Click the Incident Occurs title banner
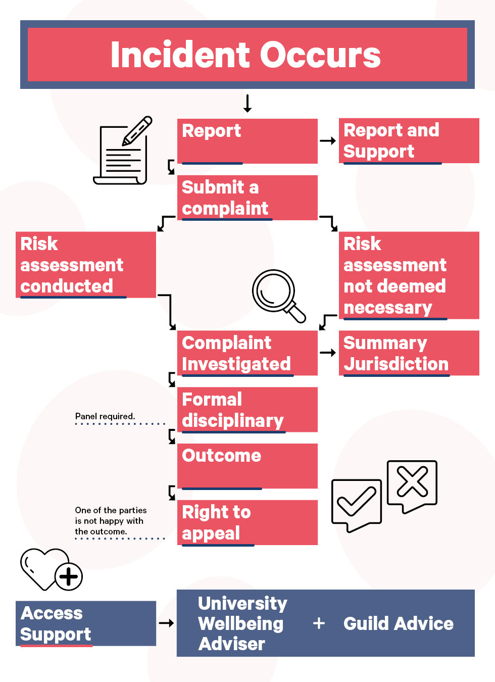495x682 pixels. (247, 55)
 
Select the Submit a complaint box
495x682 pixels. (247, 198)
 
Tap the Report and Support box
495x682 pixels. (409, 140)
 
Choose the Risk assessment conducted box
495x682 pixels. (86, 265)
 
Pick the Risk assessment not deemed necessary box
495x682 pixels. (409, 275)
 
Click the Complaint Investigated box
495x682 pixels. (247, 353)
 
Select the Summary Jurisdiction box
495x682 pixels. (409, 353)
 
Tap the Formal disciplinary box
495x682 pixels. (247, 410)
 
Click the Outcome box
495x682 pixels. (247, 466)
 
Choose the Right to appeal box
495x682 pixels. (247, 522)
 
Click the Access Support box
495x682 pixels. (86, 623)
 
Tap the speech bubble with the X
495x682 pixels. (412, 487)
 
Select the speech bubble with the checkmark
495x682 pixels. (356, 506)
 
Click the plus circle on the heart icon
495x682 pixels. (69, 576)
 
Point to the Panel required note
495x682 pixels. (105, 416)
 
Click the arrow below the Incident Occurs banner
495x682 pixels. (247, 103)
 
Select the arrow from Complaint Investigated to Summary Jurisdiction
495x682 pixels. (328, 353)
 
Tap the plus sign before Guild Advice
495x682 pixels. (319, 623)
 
